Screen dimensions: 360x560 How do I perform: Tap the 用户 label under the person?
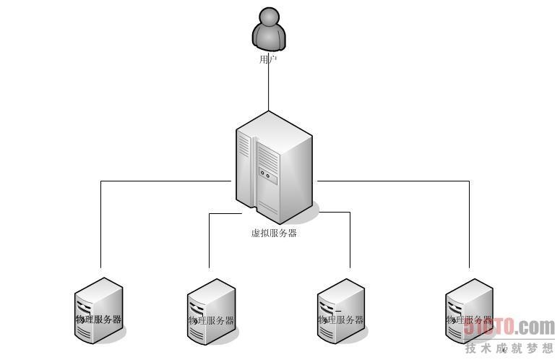(268, 59)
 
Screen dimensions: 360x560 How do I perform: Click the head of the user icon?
(269, 17)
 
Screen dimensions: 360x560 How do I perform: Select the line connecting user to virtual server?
(269, 87)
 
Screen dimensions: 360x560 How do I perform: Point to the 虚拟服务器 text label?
(274, 233)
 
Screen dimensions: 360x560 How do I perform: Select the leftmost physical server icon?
(98, 307)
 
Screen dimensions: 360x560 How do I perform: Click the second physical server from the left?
(211, 309)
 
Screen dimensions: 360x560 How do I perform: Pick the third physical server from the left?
(340, 309)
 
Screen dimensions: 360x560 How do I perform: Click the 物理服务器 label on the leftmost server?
(98, 319)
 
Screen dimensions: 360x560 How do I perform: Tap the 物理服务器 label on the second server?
(211, 320)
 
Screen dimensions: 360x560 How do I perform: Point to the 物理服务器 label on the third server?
(340, 320)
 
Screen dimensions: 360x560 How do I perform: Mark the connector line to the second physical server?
(209, 242)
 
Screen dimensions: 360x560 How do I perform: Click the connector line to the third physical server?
(350, 242)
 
